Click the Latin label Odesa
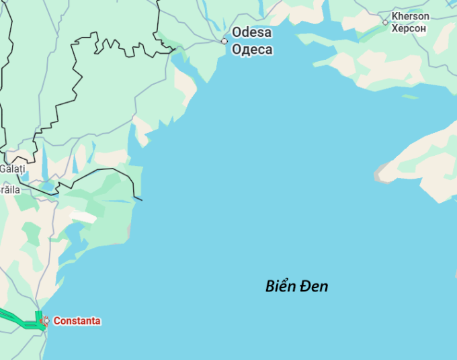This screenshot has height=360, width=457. click(252, 32)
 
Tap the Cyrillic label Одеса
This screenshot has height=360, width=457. click(252, 49)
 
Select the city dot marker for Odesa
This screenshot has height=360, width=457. click(224, 41)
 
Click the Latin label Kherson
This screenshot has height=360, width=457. click(410, 16)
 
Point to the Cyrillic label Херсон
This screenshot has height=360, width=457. click(409, 28)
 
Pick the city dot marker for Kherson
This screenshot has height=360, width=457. click(385, 22)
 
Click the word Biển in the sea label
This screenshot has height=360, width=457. click(280, 286)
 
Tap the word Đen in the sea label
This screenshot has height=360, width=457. click(314, 286)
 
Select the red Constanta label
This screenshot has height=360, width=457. click(77, 321)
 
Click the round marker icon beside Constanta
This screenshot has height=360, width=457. click(45, 321)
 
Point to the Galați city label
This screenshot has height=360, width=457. click(11, 169)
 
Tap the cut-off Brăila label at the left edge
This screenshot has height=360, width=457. click(9, 189)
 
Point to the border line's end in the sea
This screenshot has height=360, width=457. click(142, 199)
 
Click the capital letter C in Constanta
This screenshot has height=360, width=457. click(57, 321)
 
